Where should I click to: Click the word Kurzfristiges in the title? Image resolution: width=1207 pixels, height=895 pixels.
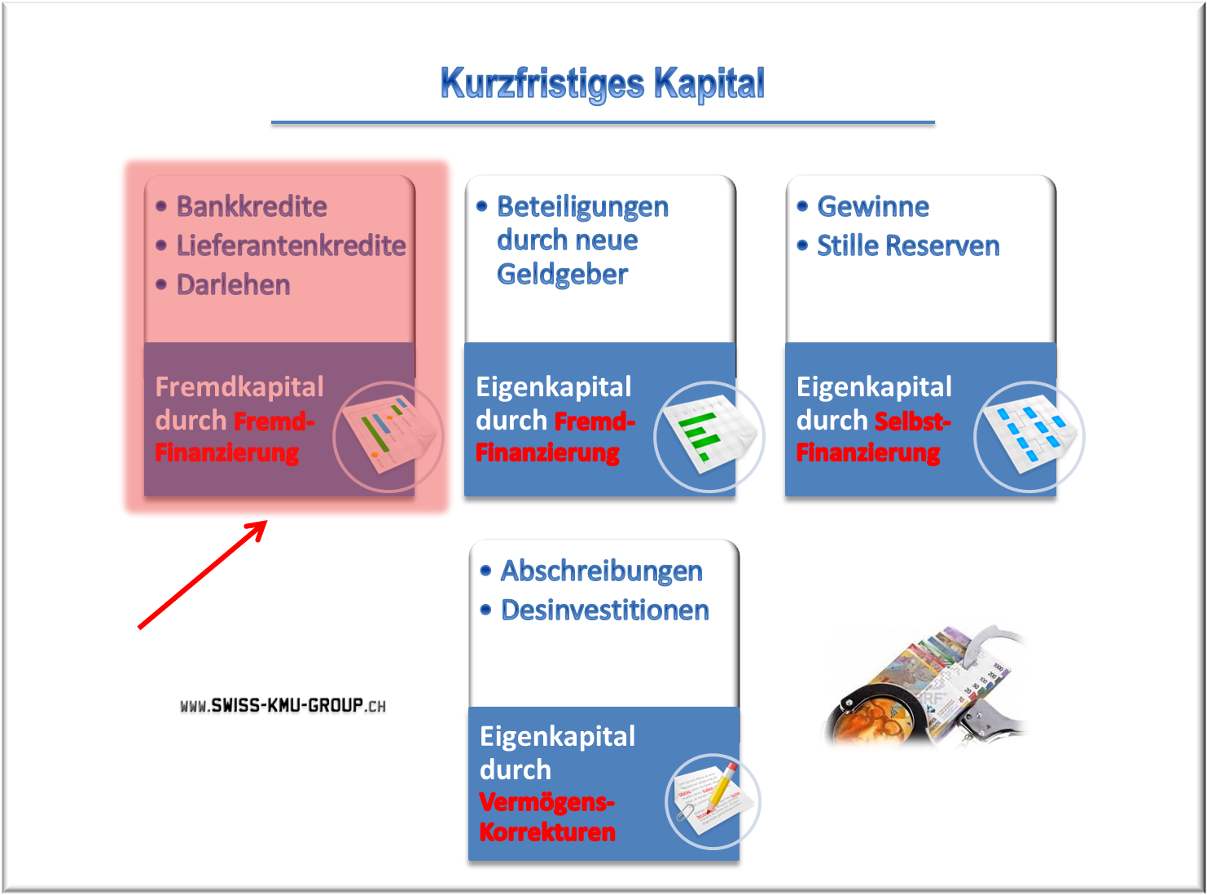click(542, 84)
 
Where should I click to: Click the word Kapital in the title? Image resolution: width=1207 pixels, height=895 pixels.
click(709, 84)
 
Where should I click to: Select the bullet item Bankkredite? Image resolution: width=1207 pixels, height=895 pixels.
click(252, 206)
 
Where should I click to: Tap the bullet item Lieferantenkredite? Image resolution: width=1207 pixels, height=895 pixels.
click(291, 245)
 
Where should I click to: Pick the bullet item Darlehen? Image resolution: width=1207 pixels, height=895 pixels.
click(234, 285)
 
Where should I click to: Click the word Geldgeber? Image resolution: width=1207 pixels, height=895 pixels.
click(562, 275)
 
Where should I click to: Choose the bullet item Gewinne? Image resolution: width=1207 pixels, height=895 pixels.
click(873, 206)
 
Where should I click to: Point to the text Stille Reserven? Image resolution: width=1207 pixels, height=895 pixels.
click(908, 245)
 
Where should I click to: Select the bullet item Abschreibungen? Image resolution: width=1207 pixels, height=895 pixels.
click(601, 571)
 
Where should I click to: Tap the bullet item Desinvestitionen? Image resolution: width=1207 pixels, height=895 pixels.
click(604, 610)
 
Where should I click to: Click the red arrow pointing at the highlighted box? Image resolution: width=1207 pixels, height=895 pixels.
click(203, 575)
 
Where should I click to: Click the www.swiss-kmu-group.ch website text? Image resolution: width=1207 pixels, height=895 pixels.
click(283, 706)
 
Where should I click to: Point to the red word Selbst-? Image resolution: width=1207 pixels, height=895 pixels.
click(913, 421)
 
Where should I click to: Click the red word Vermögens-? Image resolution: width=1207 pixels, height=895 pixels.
click(547, 802)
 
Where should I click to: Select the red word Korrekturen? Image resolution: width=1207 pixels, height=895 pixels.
click(547, 832)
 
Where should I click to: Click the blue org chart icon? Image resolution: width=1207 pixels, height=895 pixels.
click(1029, 437)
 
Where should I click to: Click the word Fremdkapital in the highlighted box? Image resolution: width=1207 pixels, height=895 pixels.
click(239, 387)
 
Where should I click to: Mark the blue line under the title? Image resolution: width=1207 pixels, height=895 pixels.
click(603, 123)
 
